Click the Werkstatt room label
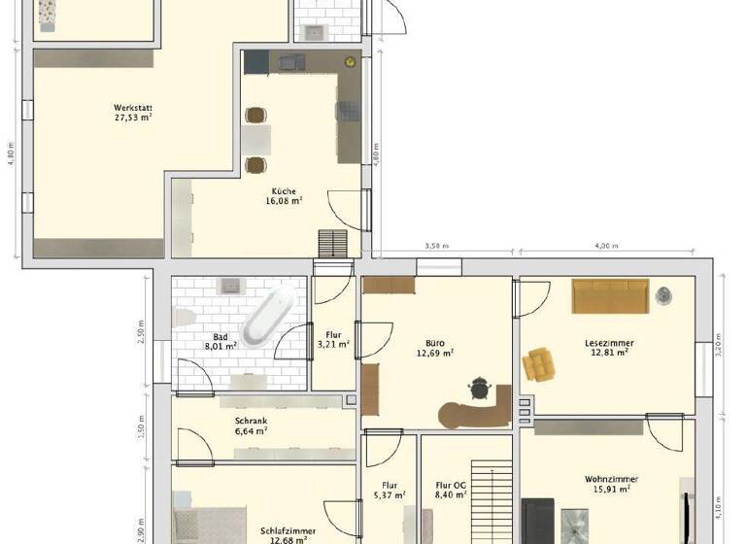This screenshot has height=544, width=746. tap(132, 107)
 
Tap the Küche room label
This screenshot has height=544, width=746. tap(285, 191)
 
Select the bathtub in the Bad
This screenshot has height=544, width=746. tap(267, 318)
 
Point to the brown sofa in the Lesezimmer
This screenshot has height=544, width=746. tap(609, 296)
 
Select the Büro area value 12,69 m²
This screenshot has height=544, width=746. tap(434, 354)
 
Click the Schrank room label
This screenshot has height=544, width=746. tap(251, 421)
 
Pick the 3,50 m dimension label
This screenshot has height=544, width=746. tap(439, 247)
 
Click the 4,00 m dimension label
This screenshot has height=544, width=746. tap(606, 247)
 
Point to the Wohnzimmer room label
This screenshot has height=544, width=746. tap(610, 479)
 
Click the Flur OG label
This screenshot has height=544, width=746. tap(452, 484)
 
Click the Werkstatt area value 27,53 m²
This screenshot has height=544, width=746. tap(132, 118)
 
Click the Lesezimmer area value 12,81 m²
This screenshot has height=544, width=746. tap(609, 353)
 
